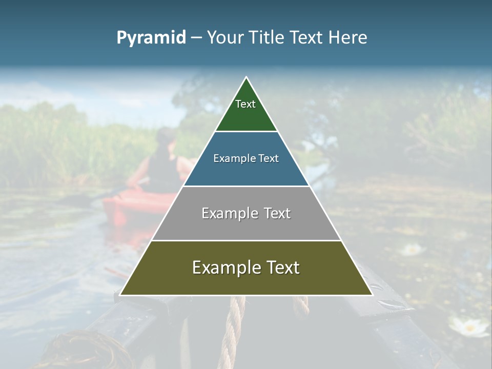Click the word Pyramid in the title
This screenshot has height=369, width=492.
(x=151, y=38)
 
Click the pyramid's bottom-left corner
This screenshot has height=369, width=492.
(x=120, y=295)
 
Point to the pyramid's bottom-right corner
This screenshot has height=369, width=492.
(x=372, y=295)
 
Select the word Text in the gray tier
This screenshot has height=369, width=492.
(x=277, y=213)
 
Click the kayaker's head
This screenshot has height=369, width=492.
(x=166, y=137)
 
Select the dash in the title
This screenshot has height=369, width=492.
(x=196, y=38)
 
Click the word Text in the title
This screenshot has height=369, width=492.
(x=306, y=37)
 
